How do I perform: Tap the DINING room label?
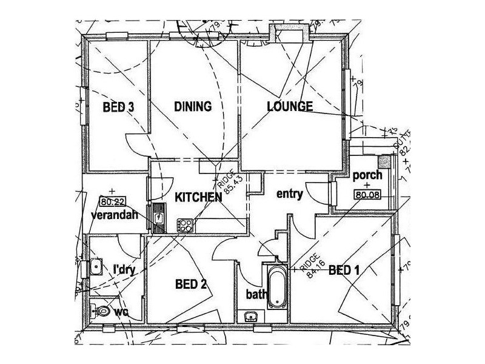[193, 107]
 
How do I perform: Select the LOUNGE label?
[290, 107]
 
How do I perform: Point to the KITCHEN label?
[198, 197]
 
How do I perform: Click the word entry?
[289, 194]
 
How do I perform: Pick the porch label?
[367, 175]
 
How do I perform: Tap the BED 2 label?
[192, 283]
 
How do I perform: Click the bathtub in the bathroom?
[276, 287]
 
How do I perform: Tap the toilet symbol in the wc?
[101, 311]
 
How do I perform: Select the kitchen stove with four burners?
[185, 225]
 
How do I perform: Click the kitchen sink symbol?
[158, 217]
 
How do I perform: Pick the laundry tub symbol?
[96, 266]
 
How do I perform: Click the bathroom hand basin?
[250, 316]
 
